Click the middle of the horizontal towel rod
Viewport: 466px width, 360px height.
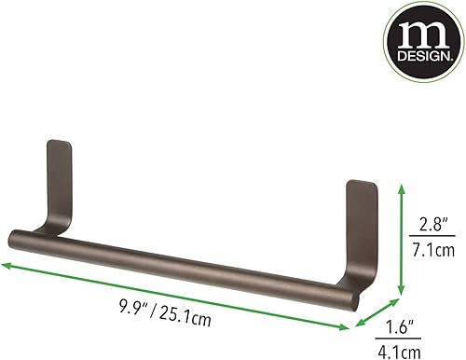coord(196,261)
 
